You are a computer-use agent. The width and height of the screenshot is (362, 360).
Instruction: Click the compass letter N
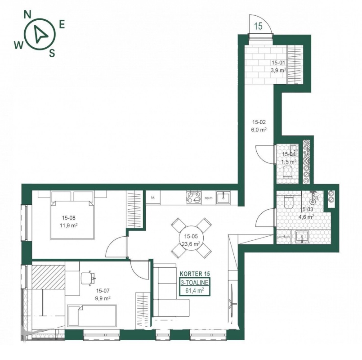(27, 14)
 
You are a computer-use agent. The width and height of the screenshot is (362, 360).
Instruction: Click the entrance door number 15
(259, 26)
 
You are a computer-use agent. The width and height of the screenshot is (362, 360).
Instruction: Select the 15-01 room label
(278, 63)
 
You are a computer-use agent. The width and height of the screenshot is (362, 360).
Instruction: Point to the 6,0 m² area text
(259, 130)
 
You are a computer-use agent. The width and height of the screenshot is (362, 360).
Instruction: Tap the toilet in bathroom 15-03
(288, 202)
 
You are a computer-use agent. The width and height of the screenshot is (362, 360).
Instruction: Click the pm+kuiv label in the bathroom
(283, 237)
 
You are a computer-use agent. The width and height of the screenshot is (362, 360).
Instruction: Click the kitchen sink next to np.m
(223, 198)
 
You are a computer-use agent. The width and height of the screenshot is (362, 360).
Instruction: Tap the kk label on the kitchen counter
(152, 198)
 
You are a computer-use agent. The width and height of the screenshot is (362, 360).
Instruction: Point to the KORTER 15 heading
(195, 274)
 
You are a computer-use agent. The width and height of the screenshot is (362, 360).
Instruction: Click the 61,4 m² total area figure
(194, 290)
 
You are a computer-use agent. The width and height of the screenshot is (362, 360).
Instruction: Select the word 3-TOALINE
(195, 282)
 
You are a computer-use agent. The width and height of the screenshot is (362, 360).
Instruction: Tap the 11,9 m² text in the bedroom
(68, 225)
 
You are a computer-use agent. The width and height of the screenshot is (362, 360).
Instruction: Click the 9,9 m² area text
(103, 298)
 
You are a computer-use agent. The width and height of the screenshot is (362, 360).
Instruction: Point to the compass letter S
(52, 54)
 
